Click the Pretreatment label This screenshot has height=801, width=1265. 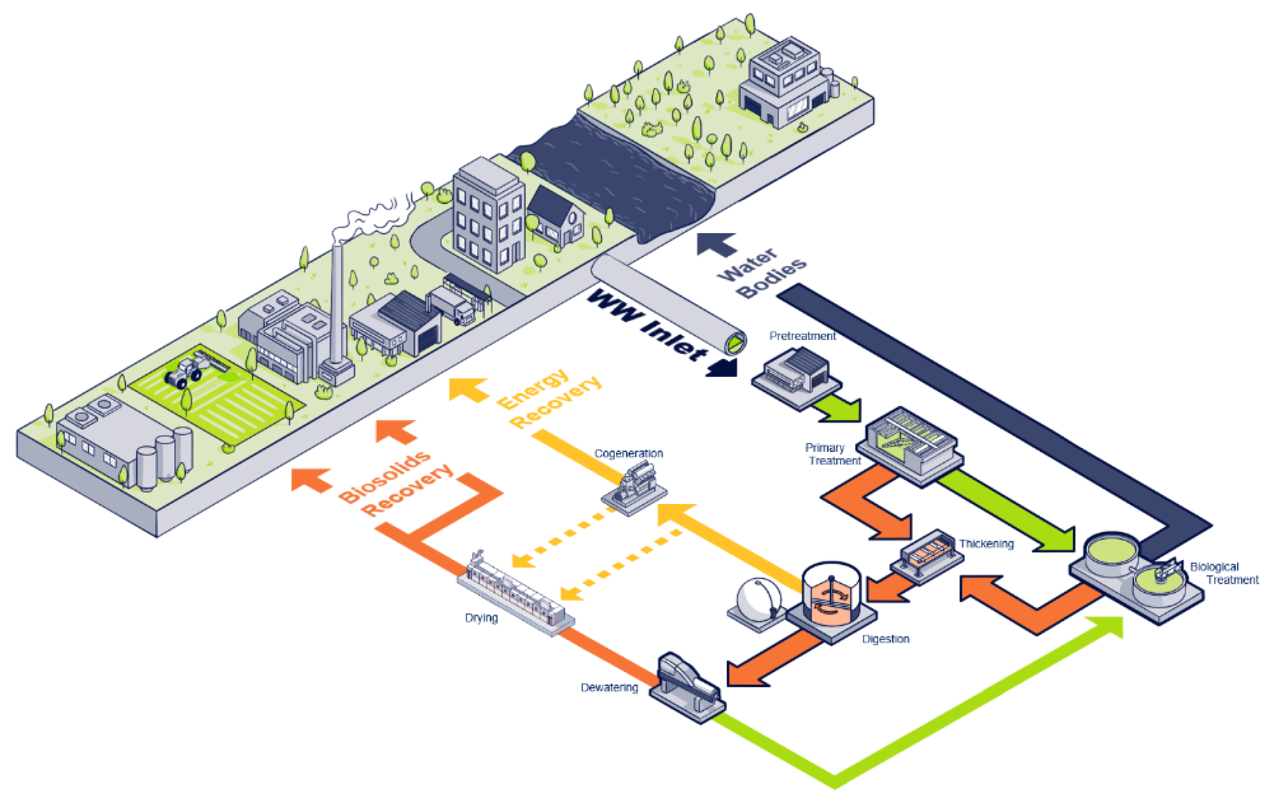coord(802,336)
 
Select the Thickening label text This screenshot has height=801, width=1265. coord(986,544)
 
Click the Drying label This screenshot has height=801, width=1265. coord(481,618)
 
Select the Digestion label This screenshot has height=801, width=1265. coord(886,639)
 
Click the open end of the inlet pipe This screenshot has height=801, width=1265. coord(736,344)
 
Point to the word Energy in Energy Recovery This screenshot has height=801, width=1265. coord(533,390)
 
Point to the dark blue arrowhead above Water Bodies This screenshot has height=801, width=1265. coord(715,244)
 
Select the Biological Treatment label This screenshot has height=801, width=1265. coord(1223,573)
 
